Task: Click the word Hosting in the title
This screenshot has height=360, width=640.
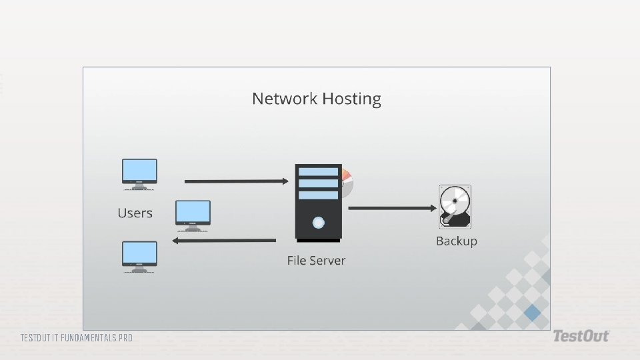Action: click(x=351, y=99)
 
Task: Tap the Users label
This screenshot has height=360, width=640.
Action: click(x=135, y=213)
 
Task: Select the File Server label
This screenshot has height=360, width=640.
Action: click(x=316, y=260)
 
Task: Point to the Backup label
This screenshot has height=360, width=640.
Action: click(x=456, y=241)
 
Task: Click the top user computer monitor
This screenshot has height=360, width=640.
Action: click(x=139, y=172)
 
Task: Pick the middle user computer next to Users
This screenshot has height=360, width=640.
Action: click(x=193, y=214)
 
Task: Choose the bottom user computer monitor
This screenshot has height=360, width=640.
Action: click(x=139, y=255)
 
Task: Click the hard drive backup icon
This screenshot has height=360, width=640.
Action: click(x=455, y=207)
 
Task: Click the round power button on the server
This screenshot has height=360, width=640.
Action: click(x=318, y=222)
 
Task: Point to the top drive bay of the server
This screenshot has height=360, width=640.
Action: click(x=318, y=172)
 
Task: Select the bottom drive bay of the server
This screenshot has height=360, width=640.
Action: click(x=318, y=195)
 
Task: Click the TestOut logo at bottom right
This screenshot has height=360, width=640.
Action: click(x=580, y=337)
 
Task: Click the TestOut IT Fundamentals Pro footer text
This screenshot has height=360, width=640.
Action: click(x=76, y=338)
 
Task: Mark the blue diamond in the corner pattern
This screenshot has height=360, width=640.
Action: click(x=532, y=312)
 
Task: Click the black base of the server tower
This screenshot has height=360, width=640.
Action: click(x=318, y=240)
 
